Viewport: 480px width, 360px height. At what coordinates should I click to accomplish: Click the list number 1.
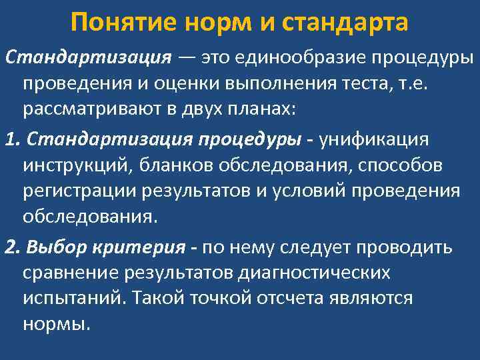coord(9,141)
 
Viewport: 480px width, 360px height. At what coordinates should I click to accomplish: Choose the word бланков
coord(166,166)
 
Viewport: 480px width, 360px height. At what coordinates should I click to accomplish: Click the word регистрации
coord(79,191)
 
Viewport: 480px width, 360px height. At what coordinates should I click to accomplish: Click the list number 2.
coord(10,248)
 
